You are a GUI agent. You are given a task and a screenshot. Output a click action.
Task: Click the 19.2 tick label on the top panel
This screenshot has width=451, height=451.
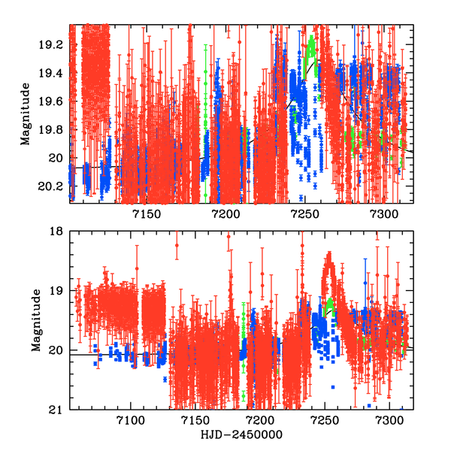tap(53, 44)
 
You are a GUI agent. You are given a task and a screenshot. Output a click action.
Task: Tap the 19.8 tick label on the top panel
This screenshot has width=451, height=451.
tap(53, 130)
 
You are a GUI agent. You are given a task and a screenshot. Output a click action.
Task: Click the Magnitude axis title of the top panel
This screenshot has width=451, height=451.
tap(26, 114)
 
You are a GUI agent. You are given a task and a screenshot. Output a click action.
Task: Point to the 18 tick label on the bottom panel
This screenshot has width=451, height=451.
tap(56, 232)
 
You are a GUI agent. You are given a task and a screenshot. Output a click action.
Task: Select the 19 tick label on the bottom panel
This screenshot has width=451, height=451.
tap(56, 291)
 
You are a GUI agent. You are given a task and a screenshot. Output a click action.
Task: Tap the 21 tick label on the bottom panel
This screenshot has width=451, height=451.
tap(56, 410)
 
